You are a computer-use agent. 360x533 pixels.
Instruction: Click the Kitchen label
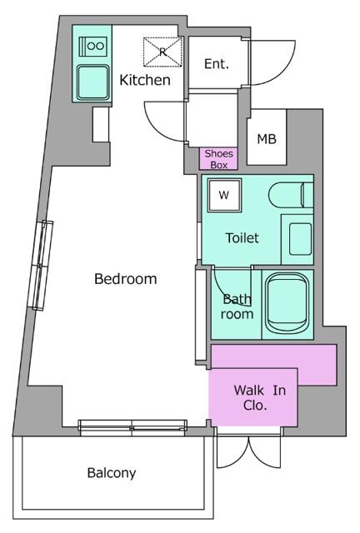tap(145, 80)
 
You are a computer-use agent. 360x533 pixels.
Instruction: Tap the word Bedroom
tap(126, 279)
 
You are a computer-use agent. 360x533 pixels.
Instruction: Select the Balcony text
tap(112, 473)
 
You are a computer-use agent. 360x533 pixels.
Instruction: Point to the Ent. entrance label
tap(217, 63)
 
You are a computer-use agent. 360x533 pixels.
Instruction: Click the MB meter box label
tap(267, 139)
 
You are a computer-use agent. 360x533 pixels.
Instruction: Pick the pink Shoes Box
tap(218, 159)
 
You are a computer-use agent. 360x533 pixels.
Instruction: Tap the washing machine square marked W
tap(224, 195)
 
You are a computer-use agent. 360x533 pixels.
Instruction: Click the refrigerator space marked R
tap(163, 52)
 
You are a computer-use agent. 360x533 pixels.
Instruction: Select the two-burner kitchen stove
tap(93, 46)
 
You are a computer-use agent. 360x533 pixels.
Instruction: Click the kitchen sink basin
tap(92, 82)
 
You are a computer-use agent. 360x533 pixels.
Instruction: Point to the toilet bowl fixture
tap(290, 196)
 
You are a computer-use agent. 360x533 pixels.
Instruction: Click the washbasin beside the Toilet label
tap(300, 239)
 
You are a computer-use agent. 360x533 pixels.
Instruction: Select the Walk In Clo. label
tap(260, 397)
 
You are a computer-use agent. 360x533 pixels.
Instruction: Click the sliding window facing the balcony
tap(132, 427)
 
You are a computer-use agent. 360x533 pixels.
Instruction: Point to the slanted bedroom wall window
tap(40, 266)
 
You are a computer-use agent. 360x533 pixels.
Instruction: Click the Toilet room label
tap(242, 237)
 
